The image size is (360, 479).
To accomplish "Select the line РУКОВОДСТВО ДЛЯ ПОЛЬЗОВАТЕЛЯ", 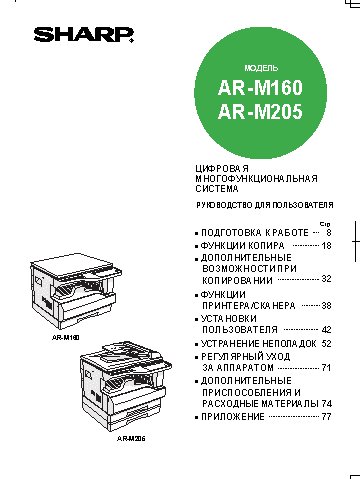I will (x=263, y=206).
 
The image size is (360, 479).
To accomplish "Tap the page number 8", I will (x=328, y=231).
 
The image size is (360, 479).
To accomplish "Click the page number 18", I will (x=326, y=244).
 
